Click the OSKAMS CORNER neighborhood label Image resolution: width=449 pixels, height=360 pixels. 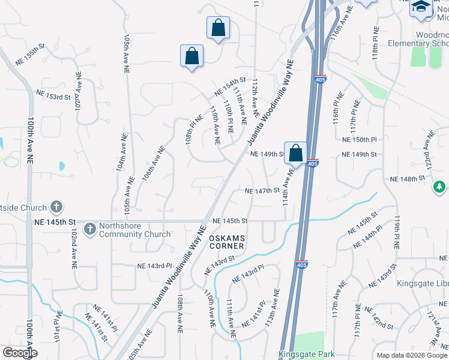click(x=226, y=242)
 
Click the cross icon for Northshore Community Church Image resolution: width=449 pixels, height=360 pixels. click(x=89, y=229)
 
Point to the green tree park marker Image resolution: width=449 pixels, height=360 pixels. click(x=440, y=188)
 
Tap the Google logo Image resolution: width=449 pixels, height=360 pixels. click(x=20, y=353)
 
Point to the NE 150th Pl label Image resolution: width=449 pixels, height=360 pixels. click(x=359, y=140)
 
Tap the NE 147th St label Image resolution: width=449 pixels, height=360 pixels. click(x=263, y=191)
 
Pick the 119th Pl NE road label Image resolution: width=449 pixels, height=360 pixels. click(x=396, y=233)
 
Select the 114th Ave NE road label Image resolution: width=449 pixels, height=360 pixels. click(x=288, y=187)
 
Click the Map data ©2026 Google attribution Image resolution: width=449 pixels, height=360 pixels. click(x=411, y=355)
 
